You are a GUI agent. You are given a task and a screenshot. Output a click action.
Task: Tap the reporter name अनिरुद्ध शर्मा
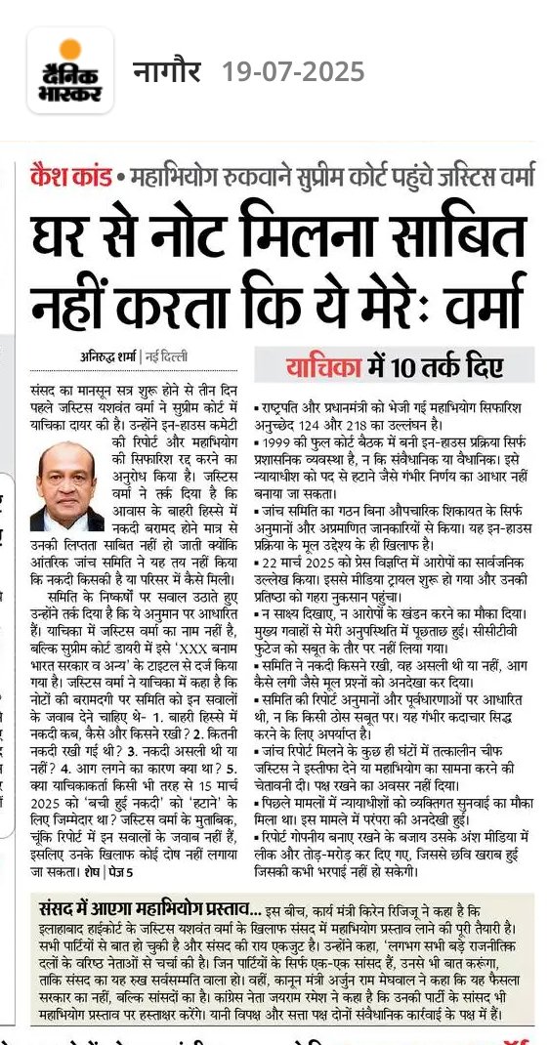pos(107,356)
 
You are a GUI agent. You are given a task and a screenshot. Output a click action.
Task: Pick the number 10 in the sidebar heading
pos(401,367)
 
